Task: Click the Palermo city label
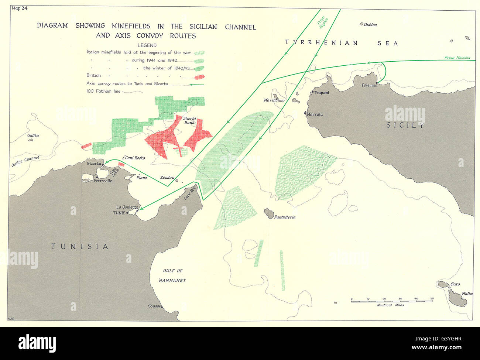click(369, 85)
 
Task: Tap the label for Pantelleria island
click(284, 217)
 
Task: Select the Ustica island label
click(370, 25)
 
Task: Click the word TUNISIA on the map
click(80, 246)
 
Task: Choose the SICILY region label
click(405, 125)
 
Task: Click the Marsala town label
click(315, 114)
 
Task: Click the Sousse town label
click(154, 306)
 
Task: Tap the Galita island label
click(33, 136)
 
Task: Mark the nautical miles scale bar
click(392, 301)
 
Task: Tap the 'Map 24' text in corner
click(20, 8)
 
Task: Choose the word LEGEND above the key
click(147, 45)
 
